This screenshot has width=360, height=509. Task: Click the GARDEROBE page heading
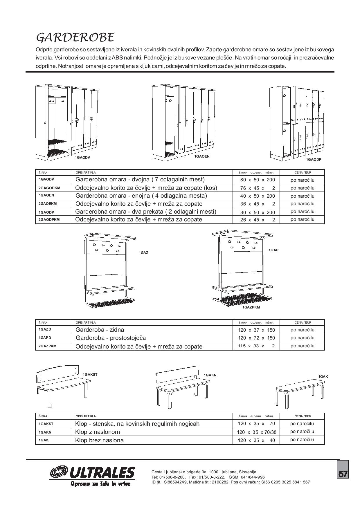click(x=75, y=37)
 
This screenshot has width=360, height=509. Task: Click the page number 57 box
click(x=343, y=474)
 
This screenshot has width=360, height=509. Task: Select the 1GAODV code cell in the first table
click(x=46, y=179)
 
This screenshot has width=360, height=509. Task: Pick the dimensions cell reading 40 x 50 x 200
click(x=257, y=196)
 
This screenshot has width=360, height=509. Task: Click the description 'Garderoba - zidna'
click(x=100, y=330)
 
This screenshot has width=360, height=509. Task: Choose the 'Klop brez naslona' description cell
click(x=99, y=440)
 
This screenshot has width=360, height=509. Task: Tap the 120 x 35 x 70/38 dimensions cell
click(x=257, y=432)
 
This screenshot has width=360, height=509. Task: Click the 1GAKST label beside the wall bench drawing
click(x=90, y=375)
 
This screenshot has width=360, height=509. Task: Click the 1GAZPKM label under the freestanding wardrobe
click(x=251, y=307)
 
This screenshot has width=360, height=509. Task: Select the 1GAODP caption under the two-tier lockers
click(x=314, y=160)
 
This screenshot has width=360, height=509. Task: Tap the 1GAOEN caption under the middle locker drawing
click(x=202, y=156)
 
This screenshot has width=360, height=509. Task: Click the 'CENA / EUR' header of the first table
click(x=303, y=172)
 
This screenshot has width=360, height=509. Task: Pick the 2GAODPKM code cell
click(x=49, y=220)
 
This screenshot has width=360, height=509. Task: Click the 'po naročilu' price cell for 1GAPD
click(x=303, y=338)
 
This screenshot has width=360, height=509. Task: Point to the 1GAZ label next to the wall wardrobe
click(x=143, y=253)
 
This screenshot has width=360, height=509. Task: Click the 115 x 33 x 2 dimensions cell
click(x=256, y=346)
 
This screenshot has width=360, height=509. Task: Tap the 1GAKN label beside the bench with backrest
click(x=210, y=375)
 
